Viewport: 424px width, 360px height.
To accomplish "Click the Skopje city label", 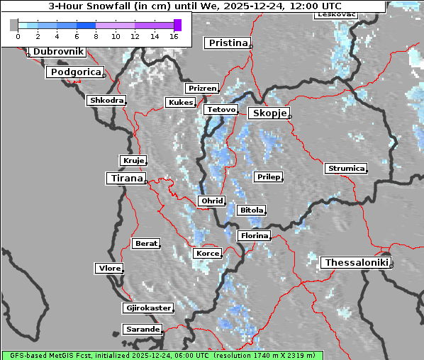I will pos(268,113).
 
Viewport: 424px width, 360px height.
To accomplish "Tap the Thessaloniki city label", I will pos(356,263).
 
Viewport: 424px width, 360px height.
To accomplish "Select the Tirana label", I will pos(125,179).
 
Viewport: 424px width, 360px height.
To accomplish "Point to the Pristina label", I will pos(228,43).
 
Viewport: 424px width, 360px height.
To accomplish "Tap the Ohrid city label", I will pos(211,201).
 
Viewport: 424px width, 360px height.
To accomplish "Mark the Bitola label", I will pos(252,210).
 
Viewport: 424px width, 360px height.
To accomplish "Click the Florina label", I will pos(254,235).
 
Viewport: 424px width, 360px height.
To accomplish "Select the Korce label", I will pos(207,253).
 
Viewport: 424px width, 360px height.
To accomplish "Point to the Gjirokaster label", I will pos(147,308).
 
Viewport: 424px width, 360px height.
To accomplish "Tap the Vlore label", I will pos(109,269).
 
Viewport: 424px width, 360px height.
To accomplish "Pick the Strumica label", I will pos(346,169).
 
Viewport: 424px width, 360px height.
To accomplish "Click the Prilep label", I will pos(268,176).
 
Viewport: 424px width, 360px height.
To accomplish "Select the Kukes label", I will pos(180,103).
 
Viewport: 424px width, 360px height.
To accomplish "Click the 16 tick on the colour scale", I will pos(174,36).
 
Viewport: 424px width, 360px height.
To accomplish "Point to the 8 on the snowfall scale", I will pos(96,36).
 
